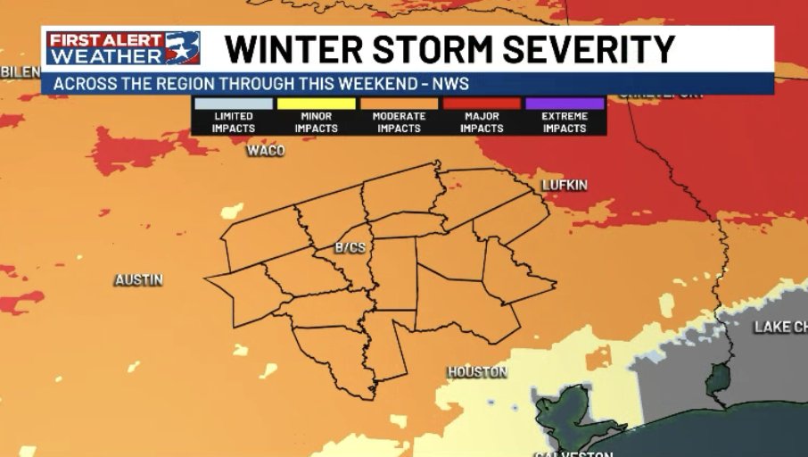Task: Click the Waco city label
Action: coord(265,151)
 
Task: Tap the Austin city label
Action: coord(138,280)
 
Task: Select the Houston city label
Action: coord(477,372)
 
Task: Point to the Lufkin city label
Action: coord(565,185)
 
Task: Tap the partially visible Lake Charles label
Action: coord(779,327)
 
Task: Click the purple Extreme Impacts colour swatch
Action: coord(565,104)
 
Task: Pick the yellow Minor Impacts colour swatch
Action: coord(316,104)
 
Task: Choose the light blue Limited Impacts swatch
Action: coord(233,104)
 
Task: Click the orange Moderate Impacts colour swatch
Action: coord(399,104)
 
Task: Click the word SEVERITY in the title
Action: coord(590,49)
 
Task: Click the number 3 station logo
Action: coord(183,48)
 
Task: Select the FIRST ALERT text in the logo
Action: coord(105,40)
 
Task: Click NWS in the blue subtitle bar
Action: coord(452,85)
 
